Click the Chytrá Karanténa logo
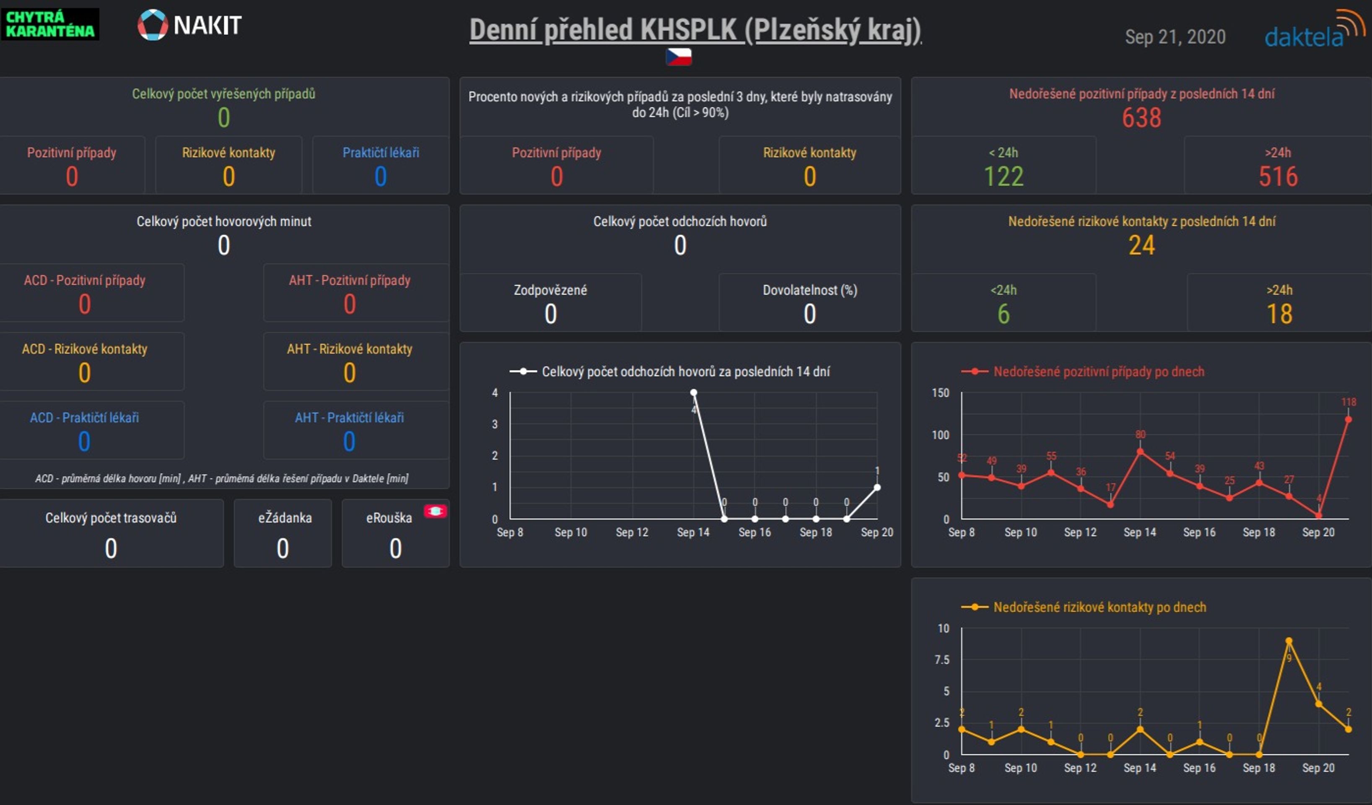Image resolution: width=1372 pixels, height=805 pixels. click(x=49, y=24)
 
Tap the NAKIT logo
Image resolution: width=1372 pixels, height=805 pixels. click(x=189, y=25)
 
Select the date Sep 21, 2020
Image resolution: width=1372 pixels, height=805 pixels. click(x=1175, y=37)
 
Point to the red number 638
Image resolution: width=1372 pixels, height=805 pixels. click(x=1141, y=118)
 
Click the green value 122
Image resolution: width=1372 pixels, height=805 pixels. click(x=1004, y=177)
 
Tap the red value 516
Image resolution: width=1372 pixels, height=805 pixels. click(x=1278, y=177)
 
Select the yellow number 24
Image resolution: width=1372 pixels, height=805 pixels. click(x=1141, y=245)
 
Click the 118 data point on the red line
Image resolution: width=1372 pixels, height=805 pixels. click(x=1348, y=419)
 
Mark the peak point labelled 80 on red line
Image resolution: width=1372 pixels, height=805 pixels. click(x=1140, y=452)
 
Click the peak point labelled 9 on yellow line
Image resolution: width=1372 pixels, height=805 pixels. click(x=1289, y=641)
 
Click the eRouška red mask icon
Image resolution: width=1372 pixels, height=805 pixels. click(x=436, y=511)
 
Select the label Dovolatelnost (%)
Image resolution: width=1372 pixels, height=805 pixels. click(x=809, y=290)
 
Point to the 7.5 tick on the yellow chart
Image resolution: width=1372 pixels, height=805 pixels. click(x=941, y=660)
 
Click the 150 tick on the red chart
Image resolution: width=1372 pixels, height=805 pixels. click(x=940, y=393)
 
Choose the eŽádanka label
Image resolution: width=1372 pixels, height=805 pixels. click(x=285, y=517)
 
